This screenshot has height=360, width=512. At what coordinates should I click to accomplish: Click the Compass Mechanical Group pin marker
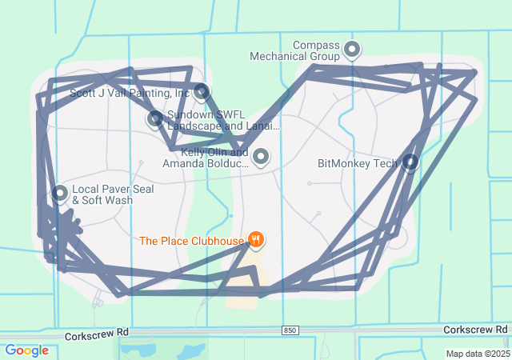352,50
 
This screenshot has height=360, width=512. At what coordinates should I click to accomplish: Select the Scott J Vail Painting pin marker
201,91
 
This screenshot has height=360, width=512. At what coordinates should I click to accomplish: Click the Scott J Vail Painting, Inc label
130,93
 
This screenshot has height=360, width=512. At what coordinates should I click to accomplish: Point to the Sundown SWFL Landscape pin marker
155,119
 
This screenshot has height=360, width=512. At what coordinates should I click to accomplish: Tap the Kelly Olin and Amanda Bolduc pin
260,155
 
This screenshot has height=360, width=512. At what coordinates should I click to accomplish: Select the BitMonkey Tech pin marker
410,162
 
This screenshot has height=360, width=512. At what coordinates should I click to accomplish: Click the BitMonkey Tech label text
357,163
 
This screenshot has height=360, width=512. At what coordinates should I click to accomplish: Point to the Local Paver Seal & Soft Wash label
102,194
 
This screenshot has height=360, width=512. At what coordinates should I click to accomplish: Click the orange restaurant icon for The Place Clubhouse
256,239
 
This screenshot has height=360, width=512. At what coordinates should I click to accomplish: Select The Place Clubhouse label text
190,240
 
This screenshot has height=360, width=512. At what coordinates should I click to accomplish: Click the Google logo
26,350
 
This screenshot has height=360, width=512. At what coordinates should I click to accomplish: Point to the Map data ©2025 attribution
477,354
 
